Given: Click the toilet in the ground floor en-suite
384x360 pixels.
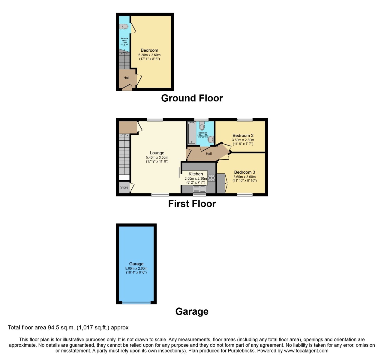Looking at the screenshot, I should (124, 27).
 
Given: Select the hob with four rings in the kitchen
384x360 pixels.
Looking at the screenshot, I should (211, 178).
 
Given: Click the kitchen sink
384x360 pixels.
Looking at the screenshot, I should (199, 189).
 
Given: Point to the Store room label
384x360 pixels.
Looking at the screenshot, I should (124, 187).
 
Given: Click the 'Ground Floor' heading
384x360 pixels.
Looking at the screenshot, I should (192, 98).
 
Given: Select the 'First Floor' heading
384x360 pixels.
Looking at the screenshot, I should (192, 204).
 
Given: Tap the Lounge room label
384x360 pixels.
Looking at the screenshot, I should (157, 153).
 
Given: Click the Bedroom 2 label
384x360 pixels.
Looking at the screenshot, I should (243, 136).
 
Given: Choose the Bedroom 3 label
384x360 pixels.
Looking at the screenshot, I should (244, 172).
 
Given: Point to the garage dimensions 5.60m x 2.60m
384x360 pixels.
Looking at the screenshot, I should (136, 268).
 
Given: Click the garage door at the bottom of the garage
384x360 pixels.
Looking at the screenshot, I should (136, 302).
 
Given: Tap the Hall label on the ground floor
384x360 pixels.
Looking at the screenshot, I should (127, 78).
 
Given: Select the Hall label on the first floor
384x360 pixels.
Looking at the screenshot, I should (209, 154).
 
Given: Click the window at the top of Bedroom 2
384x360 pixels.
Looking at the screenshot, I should (244, 120).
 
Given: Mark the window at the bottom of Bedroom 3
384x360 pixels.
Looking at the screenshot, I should (244, 195).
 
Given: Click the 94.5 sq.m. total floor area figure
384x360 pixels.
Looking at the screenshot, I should (60, 327).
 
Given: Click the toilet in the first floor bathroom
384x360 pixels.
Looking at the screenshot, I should (202, 126).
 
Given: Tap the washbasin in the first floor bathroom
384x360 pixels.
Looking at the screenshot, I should (211, 139).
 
